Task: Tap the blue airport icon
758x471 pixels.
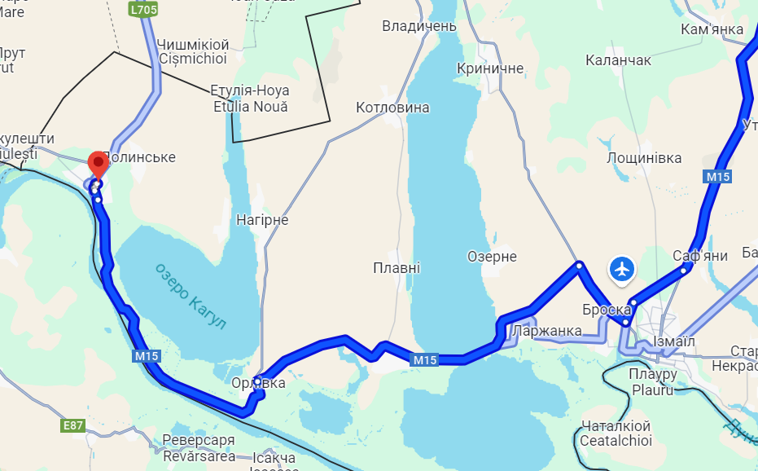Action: click(622, 268)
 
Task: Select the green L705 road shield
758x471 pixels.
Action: click(142, 9)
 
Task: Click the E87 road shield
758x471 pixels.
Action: click(72, 425)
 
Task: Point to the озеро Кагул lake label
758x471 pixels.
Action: click(191, 295)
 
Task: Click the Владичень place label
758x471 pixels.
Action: click(419, 27)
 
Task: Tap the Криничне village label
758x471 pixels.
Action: click(490, 68)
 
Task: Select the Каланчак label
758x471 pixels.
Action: click(618, 60)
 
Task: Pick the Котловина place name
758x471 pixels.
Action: click(392, 108)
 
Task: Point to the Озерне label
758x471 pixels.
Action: click(492, 257)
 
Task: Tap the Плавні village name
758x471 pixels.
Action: click(397, 267)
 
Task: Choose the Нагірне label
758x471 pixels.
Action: click(262, 220)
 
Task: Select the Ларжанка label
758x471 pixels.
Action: click(547, 331)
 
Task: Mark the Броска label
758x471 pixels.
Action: click(607, 310)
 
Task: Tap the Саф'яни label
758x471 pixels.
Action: click(699, 256)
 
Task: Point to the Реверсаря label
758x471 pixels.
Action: click(199, 441)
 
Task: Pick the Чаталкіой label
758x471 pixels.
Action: click(616, 426)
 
